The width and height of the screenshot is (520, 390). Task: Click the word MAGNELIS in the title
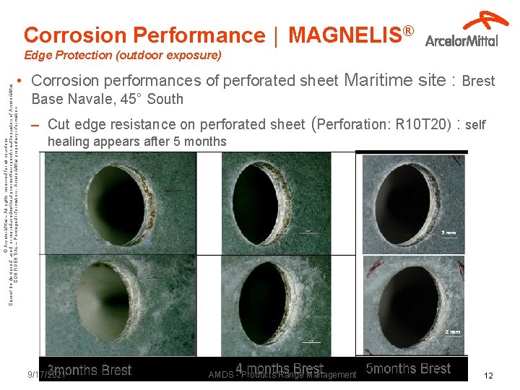point(345,35)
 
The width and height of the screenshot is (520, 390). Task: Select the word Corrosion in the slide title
point(73,35)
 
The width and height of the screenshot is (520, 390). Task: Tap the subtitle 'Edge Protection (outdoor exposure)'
point(122,55)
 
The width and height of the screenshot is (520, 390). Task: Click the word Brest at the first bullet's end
point(478,81)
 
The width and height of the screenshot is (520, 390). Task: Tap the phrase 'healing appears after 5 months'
point(136,142)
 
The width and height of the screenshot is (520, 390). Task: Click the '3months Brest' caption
point(90,370)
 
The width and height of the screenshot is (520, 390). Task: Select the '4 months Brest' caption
point(279,368)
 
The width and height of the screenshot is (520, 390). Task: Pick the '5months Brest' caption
point(408,368)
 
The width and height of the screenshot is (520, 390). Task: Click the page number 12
point(488,375)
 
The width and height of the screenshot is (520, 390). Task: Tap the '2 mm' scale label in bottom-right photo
point(452,331)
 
